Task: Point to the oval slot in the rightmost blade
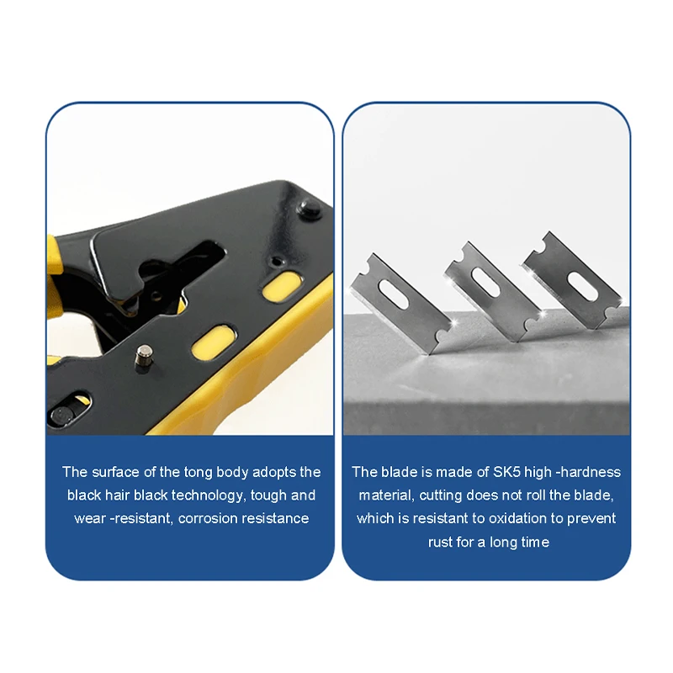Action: coord(581,285)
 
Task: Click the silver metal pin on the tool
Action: coord(144,355)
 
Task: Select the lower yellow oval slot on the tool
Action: coord(214,342)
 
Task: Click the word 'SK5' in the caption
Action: coord(506,472)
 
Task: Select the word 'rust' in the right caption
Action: coord(440,543)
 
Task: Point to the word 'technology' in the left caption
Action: coord(209,495)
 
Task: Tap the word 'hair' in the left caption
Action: coord(117,495)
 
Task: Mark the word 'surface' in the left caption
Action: coord(115,472)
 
